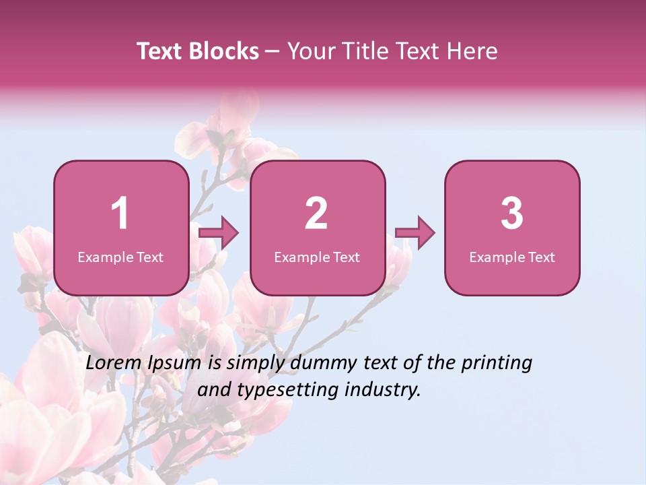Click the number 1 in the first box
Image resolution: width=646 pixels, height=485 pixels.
(x=120, y=214)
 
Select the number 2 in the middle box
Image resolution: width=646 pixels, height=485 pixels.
(x=316, y=214)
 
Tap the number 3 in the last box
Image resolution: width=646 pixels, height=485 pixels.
(x=512, y=214)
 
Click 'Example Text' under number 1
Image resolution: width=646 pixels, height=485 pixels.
(x=120, y=257)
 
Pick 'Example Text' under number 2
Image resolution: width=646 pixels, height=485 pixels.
(x=317, y=257)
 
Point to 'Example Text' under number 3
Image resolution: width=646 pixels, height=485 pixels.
(x=512, y=257)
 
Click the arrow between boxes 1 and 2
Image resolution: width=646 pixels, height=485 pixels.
(x=219, y=233)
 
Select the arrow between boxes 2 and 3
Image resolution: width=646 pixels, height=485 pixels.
(x=415, y=233)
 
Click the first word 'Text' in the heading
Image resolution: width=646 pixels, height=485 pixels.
(x=159, y=51)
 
